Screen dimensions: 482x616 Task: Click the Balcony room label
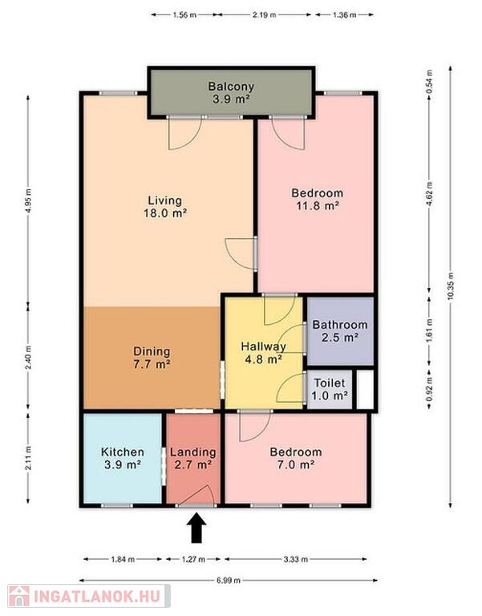click(x=231, y=92)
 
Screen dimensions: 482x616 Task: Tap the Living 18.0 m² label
click(x=165, y=207)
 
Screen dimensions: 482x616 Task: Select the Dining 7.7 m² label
click(x=152, y=358)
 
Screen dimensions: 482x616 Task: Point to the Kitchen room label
click(x=123, y=458)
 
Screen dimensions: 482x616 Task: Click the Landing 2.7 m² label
click(x=192, y=458)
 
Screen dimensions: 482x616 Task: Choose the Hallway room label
click(x=263, y=352)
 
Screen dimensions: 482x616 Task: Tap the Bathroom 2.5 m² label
click(x=340, y=330)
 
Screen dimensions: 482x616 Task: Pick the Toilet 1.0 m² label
click(x=330, y=389)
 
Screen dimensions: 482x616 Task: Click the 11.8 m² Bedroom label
click(x=317, y=199)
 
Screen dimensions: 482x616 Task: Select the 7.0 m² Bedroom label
click(x=295, y=458)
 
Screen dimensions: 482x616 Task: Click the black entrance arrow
click(x=196, y=529)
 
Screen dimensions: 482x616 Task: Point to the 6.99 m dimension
click(x=229, y=580)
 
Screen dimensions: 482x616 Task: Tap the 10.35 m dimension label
click(x=450, y=286)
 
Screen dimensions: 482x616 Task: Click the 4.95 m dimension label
click(x=28, y=201)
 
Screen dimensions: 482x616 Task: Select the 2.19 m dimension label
click(x=264, y=15)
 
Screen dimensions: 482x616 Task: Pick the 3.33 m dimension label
click(x=295, y=559)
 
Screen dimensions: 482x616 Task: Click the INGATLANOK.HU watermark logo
click(x=89, y=597)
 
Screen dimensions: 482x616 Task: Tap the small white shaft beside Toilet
click(x=365, y=389)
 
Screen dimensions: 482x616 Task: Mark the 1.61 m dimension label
click(x=429, y=330)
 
